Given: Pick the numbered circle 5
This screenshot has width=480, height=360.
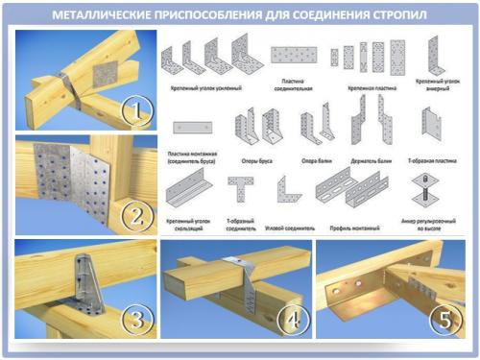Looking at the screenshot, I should point(444,316).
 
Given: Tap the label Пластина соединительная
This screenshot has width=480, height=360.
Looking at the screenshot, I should point(292,85).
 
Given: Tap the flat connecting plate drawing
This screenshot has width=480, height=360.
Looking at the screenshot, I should point(292,55).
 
